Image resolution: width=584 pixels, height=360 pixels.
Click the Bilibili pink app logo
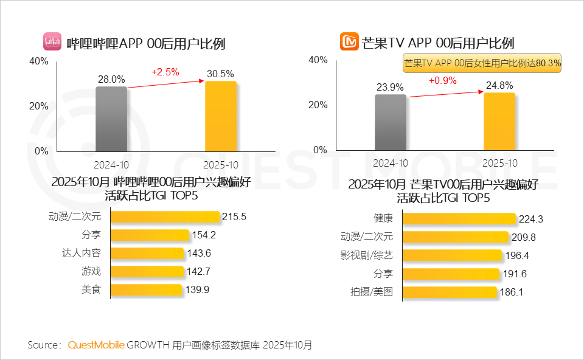point(52,41)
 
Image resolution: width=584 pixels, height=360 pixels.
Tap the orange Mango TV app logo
point(349,42)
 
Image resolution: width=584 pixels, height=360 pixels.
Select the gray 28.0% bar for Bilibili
point(111,119)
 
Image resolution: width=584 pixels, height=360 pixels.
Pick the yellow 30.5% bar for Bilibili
point(220,116)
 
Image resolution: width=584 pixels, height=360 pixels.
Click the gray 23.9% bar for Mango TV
point(390,122)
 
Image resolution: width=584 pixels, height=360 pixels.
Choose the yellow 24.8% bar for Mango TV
point(499,121)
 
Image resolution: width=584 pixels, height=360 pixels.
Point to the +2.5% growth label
point(165,72)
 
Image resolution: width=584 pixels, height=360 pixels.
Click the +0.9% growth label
point(442,80)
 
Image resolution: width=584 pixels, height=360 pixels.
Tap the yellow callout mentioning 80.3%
point(482,63)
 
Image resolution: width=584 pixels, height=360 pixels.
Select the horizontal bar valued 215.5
point(165,216)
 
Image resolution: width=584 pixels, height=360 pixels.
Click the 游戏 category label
point(91,271)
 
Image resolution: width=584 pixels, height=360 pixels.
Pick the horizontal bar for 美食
point(147,289)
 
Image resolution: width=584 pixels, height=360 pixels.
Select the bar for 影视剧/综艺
point(453,255)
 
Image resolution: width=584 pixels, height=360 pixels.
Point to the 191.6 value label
point(515,274)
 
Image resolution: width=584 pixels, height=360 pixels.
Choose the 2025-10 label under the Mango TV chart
point(499,163)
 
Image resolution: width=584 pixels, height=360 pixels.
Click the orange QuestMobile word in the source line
point(96,345)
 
